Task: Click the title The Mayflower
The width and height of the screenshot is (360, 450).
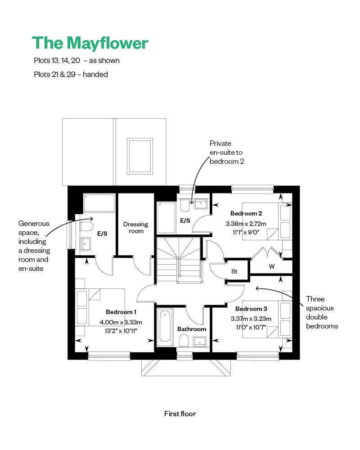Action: (90, 44)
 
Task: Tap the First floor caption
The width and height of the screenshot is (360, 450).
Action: (180, 414)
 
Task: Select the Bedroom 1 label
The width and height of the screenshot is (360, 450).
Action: (121, 312)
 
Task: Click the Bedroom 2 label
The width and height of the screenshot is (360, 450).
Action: (246, 213)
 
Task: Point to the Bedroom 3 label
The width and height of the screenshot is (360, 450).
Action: (251, 309)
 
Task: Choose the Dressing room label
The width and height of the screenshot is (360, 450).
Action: (136, 228)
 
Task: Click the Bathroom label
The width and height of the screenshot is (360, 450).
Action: (192, 329)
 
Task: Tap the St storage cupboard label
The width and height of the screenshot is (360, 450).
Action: (234, 271)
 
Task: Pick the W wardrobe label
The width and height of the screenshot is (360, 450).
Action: (272, 266)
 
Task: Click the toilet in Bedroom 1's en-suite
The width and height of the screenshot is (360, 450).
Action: (86, 226)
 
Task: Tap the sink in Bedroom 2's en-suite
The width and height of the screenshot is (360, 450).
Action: (200, 204)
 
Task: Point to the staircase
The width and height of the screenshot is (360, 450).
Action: (179, 260)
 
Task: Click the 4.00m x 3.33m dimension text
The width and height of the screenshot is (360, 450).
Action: (121, 322)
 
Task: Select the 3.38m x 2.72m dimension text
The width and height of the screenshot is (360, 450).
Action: (246, 224)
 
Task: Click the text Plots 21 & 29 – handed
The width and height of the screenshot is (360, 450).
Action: (71, 74)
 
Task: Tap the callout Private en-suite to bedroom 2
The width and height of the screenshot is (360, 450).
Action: (227, 153)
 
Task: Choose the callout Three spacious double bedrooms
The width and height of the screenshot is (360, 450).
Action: (322, 313)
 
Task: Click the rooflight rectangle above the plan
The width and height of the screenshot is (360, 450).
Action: (139, 156)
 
